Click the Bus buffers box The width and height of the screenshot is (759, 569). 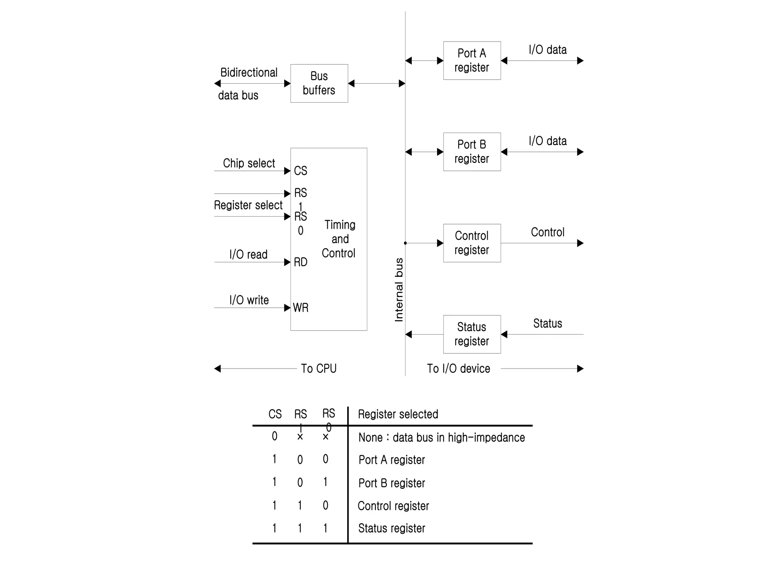(x=319, y=83)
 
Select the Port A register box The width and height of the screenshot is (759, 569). (x=472, y=60)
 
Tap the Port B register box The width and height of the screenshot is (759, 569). (x=472, y=152)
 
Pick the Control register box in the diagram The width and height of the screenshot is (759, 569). (x=472, y=243)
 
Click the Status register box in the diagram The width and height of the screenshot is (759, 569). (x=472, y=334)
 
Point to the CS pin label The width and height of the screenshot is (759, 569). (x=301, y=171)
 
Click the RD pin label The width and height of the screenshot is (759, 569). (x=301, y=262)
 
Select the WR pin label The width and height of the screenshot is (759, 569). (x=301, y=307)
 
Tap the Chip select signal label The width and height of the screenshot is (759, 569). (x=249, y=163)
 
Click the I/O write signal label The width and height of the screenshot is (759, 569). (x=249, y=300)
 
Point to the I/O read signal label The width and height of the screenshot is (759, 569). (x=248, y=254)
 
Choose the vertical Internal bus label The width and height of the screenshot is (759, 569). (x=399, y=290)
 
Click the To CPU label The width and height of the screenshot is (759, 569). (x=319, y=369)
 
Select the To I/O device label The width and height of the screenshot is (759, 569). (x=458, y=369)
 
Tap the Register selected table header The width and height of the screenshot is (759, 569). (x=398, y=414)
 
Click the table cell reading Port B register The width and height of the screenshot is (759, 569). (x=392, y=483)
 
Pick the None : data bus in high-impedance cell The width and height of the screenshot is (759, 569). (x=441, y=437)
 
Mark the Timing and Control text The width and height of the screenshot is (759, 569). (x=339, y=239)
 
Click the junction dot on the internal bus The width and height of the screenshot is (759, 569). (x=405, y=243)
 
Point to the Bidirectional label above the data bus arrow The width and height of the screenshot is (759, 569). (x=249, y=73)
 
